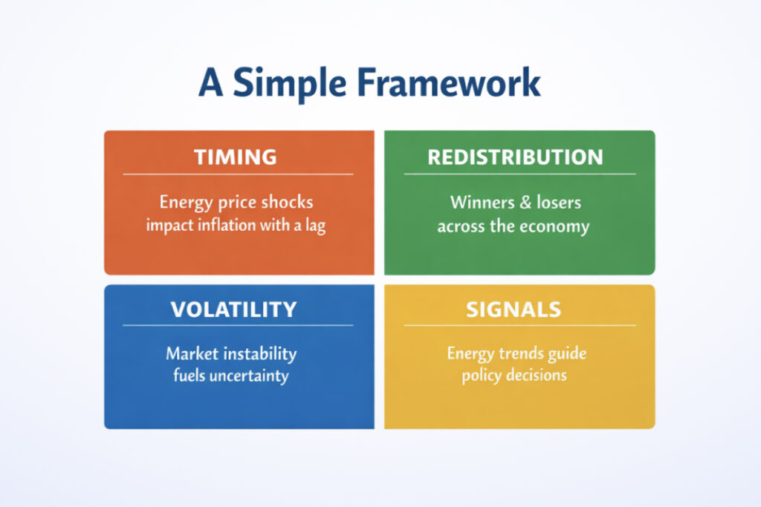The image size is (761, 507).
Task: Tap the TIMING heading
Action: click(x=235, y=157)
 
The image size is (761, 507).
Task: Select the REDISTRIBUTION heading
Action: click(x=515, y=157)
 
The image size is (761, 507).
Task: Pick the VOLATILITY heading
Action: click(x=233, y=309)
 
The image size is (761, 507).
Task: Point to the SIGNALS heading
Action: click(x=514, y=309)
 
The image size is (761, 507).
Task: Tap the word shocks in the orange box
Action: click(x=285, y=203)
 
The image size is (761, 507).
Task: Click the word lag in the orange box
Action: click(x=315, y=226)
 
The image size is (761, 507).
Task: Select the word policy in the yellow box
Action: click(x=481, y=376)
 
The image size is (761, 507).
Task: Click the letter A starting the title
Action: click(x=211, y=84)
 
